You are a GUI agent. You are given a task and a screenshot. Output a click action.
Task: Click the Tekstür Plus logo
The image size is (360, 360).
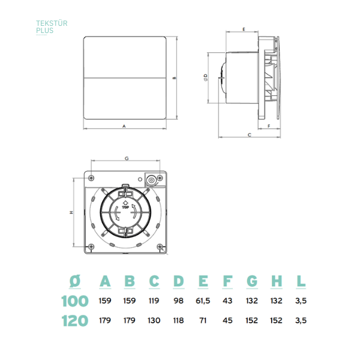[52, 27]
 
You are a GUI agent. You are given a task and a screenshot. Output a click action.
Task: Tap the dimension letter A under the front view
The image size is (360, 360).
[124, 126]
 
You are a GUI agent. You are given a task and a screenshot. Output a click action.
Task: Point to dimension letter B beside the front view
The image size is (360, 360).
[175, 78]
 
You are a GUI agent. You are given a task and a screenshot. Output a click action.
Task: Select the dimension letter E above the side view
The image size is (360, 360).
[244, 29]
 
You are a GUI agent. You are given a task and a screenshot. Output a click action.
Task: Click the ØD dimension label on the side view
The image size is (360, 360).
[205, 77]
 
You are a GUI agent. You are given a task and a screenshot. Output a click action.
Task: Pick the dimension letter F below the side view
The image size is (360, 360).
[269, 126]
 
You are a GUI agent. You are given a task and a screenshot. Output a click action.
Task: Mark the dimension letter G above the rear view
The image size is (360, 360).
[127, 158]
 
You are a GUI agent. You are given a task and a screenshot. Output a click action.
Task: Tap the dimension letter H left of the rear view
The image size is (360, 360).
[71, 212]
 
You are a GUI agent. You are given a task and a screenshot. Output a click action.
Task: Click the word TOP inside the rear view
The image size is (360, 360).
[125, 208]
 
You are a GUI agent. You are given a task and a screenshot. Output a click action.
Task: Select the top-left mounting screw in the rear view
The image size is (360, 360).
[91, 178]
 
